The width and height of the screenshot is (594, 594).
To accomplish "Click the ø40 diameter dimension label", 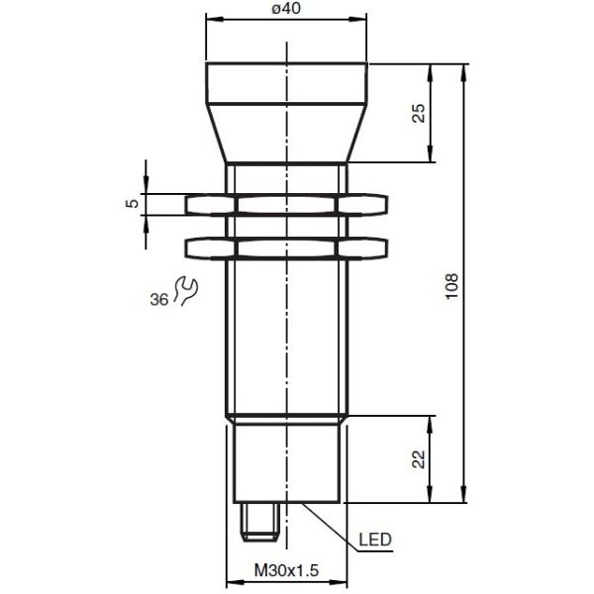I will pyautogui.click(x=286, y=9).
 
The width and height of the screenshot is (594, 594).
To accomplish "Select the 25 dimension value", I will pyautogui.click(x=419, y=113).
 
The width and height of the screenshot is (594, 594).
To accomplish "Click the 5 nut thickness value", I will pyautogui.click(x=131, y=204).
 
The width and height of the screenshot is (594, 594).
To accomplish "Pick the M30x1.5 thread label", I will pyautogui.click(x=287, y=571).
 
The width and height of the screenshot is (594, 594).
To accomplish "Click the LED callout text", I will pyautogui.click(x=376, y=540).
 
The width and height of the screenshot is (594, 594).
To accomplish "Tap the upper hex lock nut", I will pyautogui.click(x=287, y=205).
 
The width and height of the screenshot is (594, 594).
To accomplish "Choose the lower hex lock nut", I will pyautogui.click(x=287, y=248).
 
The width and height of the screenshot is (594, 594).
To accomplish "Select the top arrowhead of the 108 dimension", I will pyautogui.click(x=463, y=71).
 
